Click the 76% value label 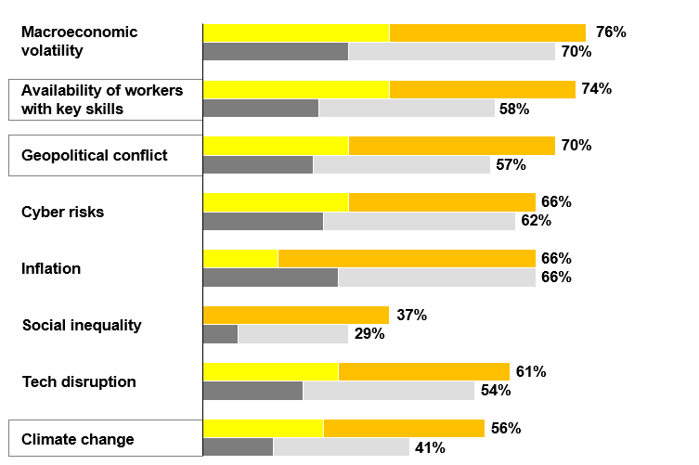pyautogui.click(x=611, y=32)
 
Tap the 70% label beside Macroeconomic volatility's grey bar pyautogui.click(x=576, y=52)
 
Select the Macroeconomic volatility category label pyautogui.click(x=79, y=42)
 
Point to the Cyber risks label pyautogui.click(x=62, y=213)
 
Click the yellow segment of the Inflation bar pyautogui.click(x=240, y=258)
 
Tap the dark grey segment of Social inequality pyautogui.click(x=220, y=334)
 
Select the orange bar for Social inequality pyautogui.click(x=295, y=315)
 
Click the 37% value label pyautogui.click(x=411, y=316)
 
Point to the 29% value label pyautogui.click(x=369, y=334)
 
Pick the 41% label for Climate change pyautogui.click(x=430, y=447)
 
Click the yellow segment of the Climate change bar pyautogui.click(x=263, y=428)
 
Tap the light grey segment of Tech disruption pyautogui.click(x=388, y=391)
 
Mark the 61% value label pyautogui.click(x=531, y=372)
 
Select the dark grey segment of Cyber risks pyautogui.click(x=263, y=221)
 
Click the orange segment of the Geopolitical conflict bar pyautogui.click(x=451, y=146)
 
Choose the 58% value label pyautogui.click(x=514, y=109)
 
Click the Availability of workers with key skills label pyautogui.click(x=101, y=99)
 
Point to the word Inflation pyautogui.click(x=51, y=269)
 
